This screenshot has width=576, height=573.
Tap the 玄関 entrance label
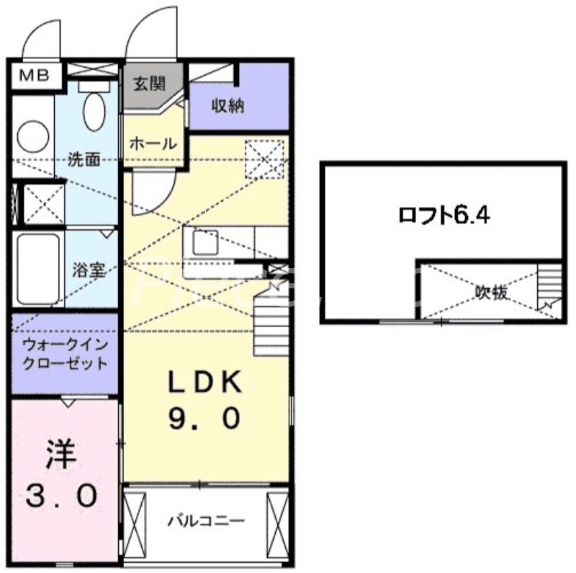[x=150, y=81]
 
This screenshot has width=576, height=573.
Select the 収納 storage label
[x=228, y=106]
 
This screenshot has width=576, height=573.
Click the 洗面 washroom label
[x=84, y=159]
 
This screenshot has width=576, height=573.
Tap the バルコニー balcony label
[x=207, y=520]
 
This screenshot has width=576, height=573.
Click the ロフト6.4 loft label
[x=445, y=214]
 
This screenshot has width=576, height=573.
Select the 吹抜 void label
[x=491, y=292]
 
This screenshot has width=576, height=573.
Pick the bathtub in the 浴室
[x=36, y=271]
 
